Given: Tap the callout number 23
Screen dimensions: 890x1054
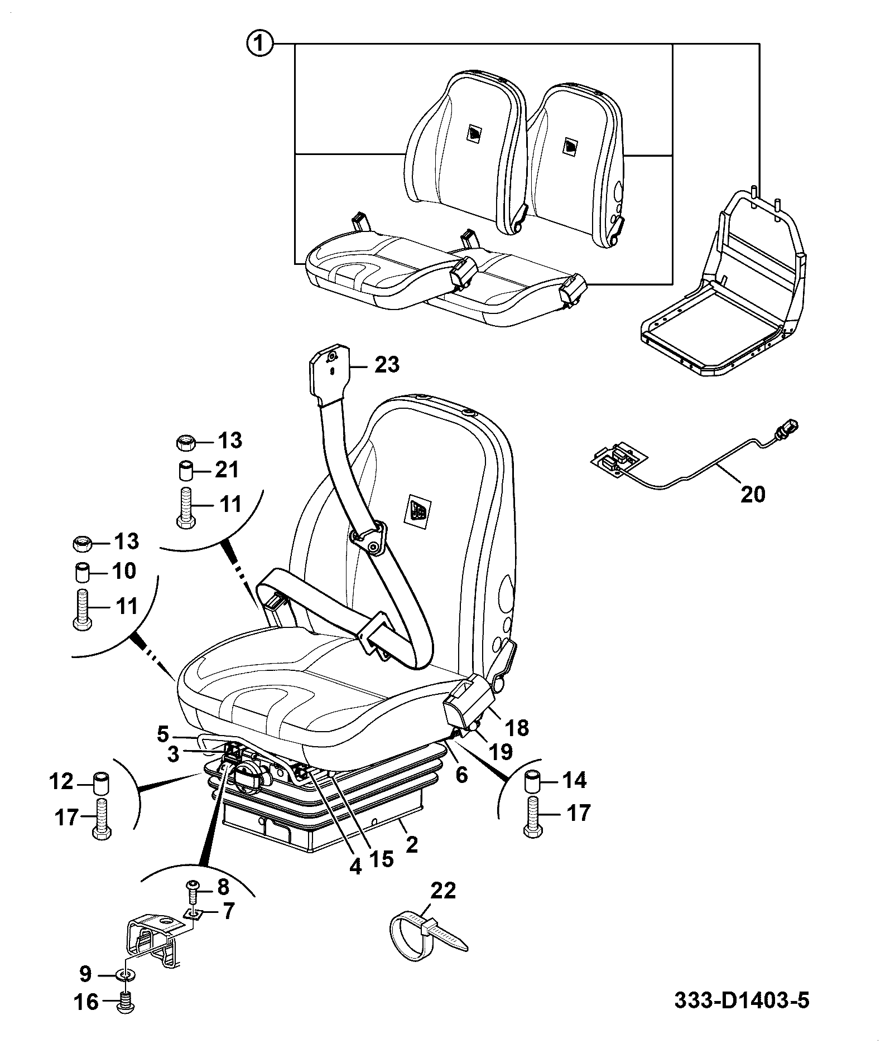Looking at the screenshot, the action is [387, 365].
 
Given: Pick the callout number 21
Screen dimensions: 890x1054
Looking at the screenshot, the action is [225, 471].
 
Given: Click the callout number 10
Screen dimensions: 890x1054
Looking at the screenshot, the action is [123, 571].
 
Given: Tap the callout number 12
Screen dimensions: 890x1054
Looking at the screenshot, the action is [61, 782].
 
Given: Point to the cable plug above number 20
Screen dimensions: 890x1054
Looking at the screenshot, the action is [787, 429].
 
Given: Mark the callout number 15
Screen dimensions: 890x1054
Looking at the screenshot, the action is [381, 858].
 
